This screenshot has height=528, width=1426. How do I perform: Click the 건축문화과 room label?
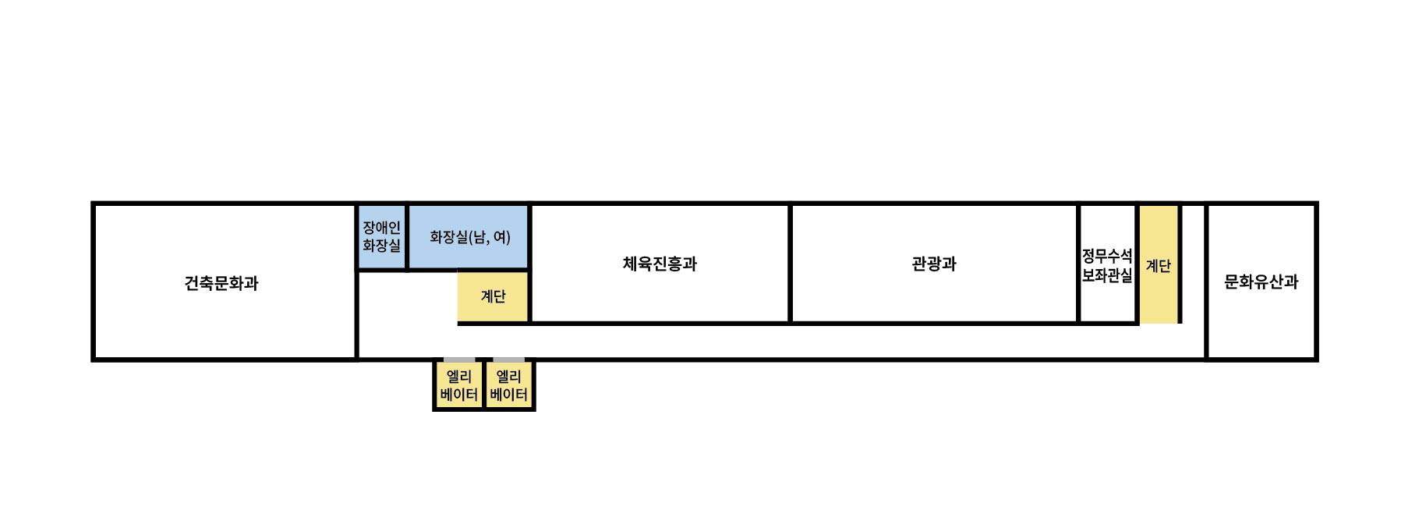point(221,283)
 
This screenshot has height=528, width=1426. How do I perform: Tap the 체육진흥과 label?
point(660,264)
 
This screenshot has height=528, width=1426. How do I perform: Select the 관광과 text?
point(933,264)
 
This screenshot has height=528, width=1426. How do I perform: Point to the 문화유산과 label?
point(1261,282)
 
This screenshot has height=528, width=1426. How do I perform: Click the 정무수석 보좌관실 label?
point(1106,265)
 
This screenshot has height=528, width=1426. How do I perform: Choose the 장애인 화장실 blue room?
point(381,236)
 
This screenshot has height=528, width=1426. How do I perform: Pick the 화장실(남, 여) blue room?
point(469,236)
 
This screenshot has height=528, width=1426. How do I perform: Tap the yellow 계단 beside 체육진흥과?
point(493,296)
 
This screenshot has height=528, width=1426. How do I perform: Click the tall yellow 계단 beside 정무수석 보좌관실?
point(1158,265)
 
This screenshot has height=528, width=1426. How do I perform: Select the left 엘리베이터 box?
point(458,385)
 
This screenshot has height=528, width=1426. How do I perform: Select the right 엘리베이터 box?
point(508,385)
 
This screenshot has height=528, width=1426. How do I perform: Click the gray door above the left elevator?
point(458,360)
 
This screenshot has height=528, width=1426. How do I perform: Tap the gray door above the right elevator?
point(508,360)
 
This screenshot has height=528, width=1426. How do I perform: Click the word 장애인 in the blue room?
point(381,228)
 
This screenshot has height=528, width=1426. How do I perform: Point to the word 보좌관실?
point(1106,275)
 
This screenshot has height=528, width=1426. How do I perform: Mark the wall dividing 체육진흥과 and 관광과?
point(790,264)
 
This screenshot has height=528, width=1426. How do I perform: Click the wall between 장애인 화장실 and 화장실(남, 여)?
point(407,236)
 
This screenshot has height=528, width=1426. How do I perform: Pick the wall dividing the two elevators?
point(483,385)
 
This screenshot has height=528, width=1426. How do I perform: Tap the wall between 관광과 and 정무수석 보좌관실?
point(1078,264)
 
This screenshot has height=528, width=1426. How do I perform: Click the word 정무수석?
point(1106,256)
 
